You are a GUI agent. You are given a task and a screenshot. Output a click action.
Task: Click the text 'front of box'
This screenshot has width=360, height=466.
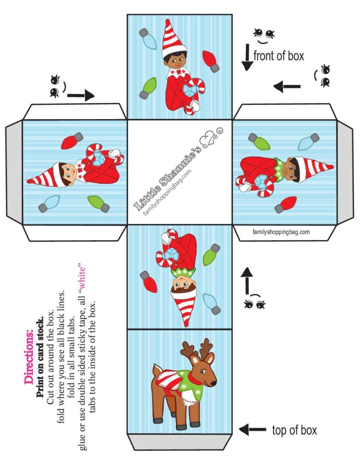tap(279, 56)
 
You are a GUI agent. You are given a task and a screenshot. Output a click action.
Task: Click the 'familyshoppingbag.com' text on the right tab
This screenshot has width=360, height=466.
tap(281, 232)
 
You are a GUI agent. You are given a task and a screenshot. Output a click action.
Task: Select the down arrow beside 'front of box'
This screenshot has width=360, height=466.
tap(247, 58)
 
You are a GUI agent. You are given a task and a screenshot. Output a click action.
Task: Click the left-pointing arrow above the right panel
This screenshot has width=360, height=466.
tap(287, 86)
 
